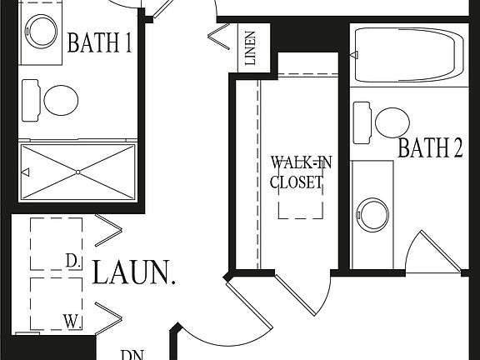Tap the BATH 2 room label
coord(430,148)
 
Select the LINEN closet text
coord(250,49)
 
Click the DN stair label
coord(132,354)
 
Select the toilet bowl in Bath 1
coord(61,101)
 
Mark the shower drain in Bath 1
coord(77,172)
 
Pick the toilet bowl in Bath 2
coord(392,122)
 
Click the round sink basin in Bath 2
coord(372,214)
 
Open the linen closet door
coord(221,37)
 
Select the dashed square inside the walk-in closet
coord(300,198)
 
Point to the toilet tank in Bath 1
coord(31,99)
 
